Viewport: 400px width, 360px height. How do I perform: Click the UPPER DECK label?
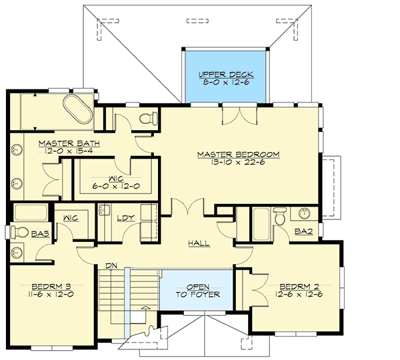[x=227, y=74]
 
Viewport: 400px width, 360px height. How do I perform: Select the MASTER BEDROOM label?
[x=238, y=154]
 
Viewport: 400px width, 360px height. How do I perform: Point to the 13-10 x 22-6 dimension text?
[x=238, y=163]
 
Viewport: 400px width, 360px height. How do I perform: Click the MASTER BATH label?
[x=61, y=143]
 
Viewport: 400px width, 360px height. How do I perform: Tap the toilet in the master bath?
[x=148, y=119]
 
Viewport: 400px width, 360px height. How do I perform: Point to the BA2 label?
[x=303, y=231]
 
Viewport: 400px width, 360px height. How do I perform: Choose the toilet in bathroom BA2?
[x=280, y=215]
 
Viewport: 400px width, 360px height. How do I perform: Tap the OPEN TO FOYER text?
[x=198, y=290]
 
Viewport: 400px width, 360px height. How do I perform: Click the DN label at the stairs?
[x=111, y=266]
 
